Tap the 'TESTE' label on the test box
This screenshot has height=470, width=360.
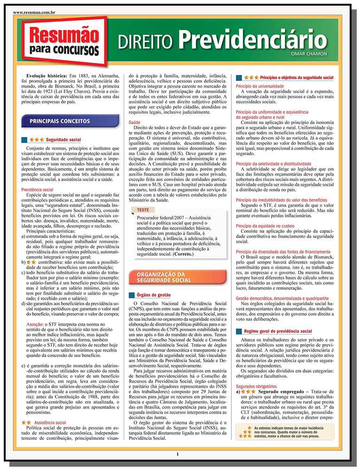(x=143, y=210)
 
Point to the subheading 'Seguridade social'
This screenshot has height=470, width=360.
(x=63, y=140)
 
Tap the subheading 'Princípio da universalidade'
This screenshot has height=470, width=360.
(x=260, y=87)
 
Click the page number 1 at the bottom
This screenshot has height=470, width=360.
(x=178, y=454)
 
